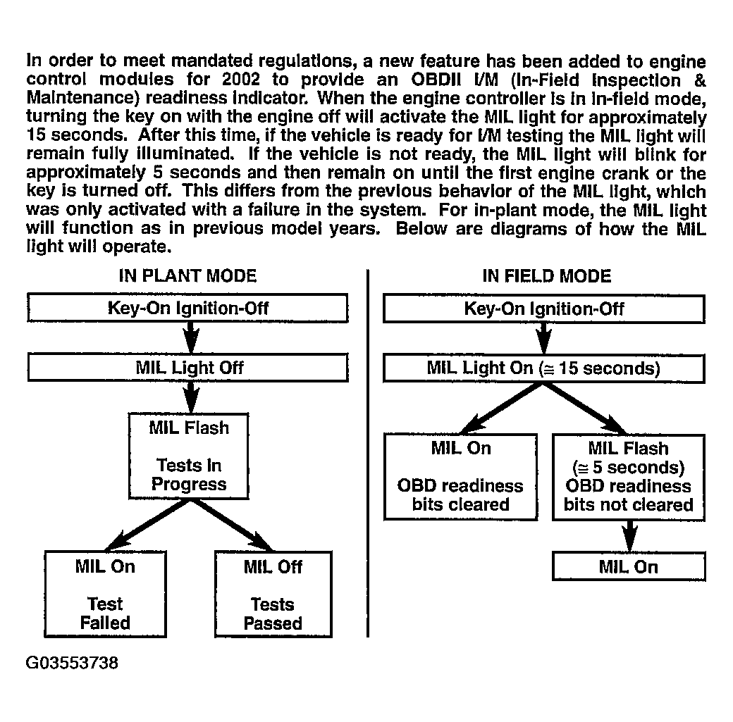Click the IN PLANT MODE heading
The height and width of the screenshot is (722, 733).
coord(187,275)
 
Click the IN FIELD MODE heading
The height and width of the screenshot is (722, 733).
coord(546,275)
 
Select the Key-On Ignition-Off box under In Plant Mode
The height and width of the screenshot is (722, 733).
coord(187,309)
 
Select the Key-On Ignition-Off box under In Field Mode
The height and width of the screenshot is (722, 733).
coord(543,309)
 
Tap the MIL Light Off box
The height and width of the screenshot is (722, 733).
coord(187,368)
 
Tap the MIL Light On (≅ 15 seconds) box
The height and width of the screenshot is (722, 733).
coord(543,368)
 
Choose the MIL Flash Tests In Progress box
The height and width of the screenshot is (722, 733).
coord(189,456)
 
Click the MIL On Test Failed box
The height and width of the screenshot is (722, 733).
coord(105,595)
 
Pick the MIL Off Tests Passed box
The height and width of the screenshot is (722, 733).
coord(273,595)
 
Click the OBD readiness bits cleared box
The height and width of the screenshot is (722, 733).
coord(460,476)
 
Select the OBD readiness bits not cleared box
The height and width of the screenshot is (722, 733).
coord(629,476)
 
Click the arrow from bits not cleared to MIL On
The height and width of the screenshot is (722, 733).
coord(629,536)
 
